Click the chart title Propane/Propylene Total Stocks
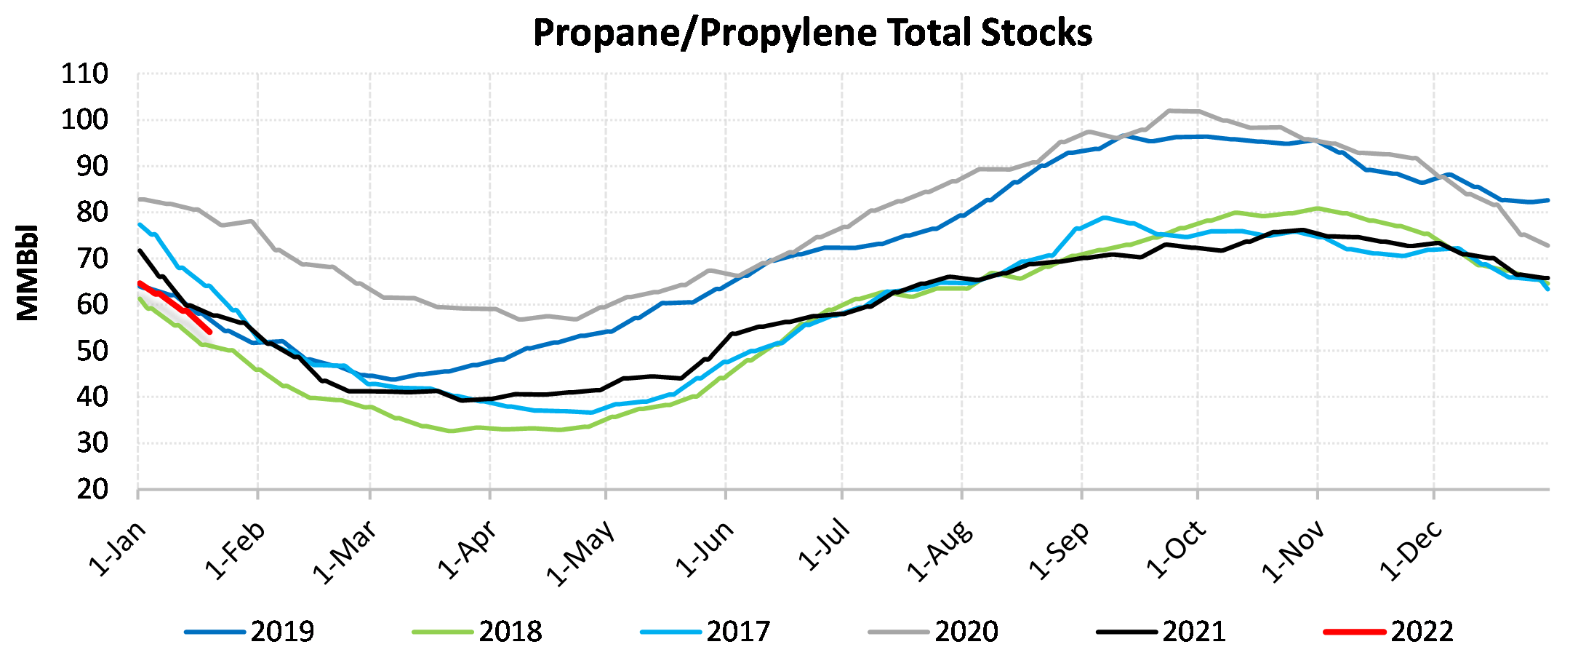point(812,33)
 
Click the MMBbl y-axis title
point(28,272)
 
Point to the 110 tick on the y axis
point(85,74)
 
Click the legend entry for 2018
point(477,632)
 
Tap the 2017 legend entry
point(705,632)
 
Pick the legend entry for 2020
point(934,632)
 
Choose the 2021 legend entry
point(1161,632)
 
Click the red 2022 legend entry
point(1389,632)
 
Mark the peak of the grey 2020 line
point(1169,111)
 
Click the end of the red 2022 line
point(209,332)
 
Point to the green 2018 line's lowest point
point(451,431)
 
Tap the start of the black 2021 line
point(139,250)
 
